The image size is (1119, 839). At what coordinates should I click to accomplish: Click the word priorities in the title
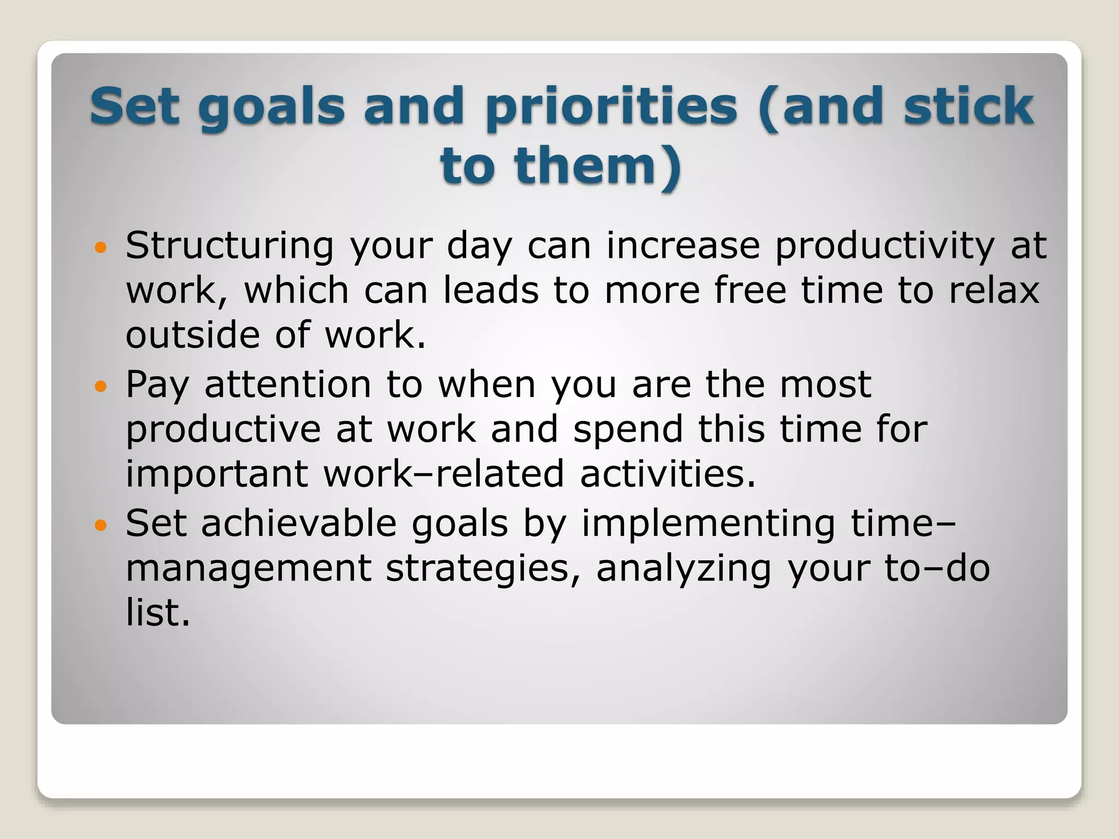611,107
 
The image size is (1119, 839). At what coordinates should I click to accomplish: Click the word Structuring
229,246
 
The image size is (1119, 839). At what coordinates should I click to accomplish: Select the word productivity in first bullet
885,246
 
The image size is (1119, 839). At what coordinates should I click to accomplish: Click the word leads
491,290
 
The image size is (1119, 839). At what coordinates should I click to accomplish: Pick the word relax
994,290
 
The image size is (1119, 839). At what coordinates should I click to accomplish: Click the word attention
288,385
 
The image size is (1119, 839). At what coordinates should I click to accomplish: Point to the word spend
628,429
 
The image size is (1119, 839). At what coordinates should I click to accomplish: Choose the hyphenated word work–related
443,474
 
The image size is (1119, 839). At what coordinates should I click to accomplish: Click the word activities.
668,474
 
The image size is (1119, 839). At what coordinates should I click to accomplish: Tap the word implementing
708,524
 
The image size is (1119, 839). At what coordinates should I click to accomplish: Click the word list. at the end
158,613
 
